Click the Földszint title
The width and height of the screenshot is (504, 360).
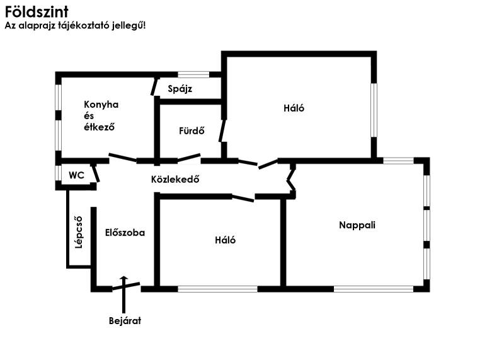pos(37,12)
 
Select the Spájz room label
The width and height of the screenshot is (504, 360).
pos(180,89)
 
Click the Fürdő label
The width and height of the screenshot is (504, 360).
pos(192,131)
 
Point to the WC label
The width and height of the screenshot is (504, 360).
pos(76,175)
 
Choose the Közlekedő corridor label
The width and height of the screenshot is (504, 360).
pos(175,179)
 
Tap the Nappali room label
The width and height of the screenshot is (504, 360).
pos(357,225)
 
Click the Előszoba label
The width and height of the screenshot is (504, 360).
pos(125,233)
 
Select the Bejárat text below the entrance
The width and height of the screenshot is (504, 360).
pos(125,321)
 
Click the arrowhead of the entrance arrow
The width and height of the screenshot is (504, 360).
pos(124,277)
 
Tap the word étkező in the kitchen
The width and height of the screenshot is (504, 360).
pos(100,127)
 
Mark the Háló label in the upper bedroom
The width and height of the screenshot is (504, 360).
pos(294,108)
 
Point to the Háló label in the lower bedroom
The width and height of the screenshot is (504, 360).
pos(226,240)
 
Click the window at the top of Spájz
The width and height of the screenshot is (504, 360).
pos(193,74)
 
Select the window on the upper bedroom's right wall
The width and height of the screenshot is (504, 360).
pos(374,110)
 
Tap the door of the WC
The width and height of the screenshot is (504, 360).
pos(96,173)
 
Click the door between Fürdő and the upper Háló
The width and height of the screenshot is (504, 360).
pos(222,131)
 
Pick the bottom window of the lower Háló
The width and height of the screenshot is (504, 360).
pos(217,289)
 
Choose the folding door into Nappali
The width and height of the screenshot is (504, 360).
pos(291,180)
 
